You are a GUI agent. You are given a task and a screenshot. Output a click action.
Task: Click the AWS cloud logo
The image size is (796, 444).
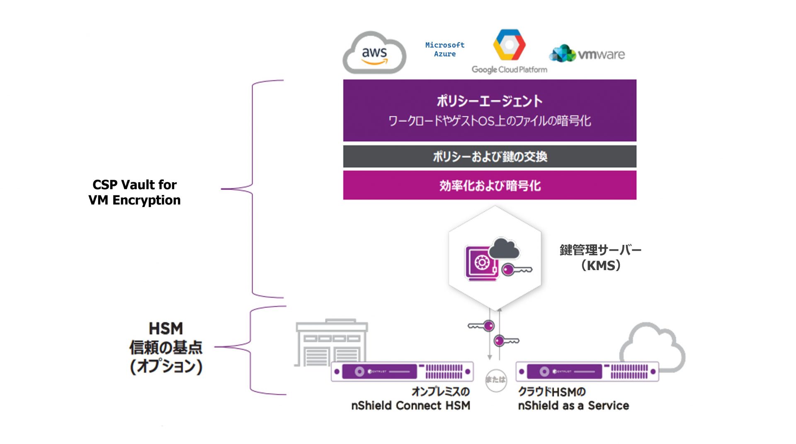(x=374, y=53)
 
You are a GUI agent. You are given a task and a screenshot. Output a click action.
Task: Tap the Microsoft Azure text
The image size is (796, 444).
(x=445, y=49)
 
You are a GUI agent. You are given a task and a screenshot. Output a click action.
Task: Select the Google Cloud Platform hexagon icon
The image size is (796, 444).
(x=509, y=44)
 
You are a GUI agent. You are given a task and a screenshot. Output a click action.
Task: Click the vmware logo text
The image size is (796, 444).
(x=601, y=54)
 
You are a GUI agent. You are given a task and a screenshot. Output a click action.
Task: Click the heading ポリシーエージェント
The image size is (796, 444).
(x=490, y=101)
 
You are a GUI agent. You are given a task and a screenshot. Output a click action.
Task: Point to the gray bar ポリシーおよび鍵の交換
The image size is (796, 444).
(x=490, y=156)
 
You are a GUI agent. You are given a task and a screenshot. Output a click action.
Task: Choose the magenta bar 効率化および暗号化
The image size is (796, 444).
(x=490, y=185)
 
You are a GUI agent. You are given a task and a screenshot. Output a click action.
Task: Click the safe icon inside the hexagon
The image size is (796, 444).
(x=481, y=263)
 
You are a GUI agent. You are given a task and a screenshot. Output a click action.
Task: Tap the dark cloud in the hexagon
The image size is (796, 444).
(x=504, y=249)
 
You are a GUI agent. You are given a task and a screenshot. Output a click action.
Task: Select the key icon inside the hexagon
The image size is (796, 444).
(x=516, y=270)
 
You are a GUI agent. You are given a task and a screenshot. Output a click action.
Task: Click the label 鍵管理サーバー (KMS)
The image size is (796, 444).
(x=600, y=258)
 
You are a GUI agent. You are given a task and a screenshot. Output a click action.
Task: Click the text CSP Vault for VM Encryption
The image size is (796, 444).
(x=134, y=192)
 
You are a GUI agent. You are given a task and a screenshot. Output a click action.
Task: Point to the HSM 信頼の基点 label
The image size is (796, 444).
(x=166, y=348)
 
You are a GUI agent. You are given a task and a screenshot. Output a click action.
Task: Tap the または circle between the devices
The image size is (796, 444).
(x=496, y=380)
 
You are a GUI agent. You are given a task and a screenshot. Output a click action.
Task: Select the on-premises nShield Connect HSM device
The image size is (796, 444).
(x=402, y=371)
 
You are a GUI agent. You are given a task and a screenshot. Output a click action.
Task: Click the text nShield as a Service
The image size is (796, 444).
(x=573, y=405)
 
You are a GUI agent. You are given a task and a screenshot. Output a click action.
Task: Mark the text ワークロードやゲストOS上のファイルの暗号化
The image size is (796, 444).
(x=490, y=121)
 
